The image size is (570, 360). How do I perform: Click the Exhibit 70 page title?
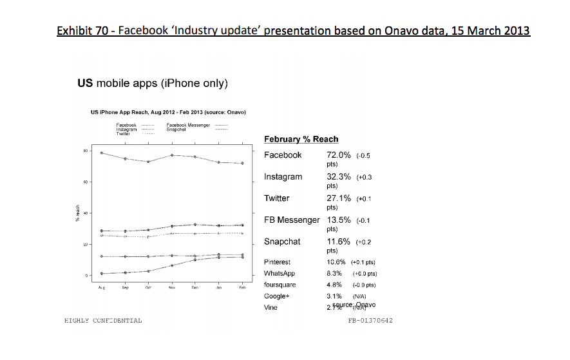[x=293, y=31]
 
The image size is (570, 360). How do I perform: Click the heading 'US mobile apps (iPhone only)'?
[x=153, y=84]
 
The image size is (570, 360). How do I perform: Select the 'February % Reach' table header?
[x=301, y=139]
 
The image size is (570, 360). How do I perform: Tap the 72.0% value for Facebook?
[x=339, y=155]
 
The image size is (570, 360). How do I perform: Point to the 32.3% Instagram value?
[x=339, y=176]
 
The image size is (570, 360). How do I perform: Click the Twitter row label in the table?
[x=277, y=198]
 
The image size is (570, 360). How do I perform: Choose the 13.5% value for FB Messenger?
[x=339, y=220]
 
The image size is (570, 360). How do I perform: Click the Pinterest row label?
[x=277, y=262]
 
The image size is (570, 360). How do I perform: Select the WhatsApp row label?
[x=279, y=274]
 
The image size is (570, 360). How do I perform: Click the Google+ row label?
[x=277, y=296]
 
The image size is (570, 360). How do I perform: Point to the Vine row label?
[x=271, y=308]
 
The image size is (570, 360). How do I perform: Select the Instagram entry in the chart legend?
[x=126, y=129]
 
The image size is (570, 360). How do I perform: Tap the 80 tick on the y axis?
[x=85, y=151]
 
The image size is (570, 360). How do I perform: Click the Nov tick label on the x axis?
[x=171, y=289]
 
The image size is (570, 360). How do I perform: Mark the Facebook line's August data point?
[x=102, y=153]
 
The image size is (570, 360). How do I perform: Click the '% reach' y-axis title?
[x=76, y=213]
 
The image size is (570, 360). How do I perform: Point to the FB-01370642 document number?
[x=370, y=320]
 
